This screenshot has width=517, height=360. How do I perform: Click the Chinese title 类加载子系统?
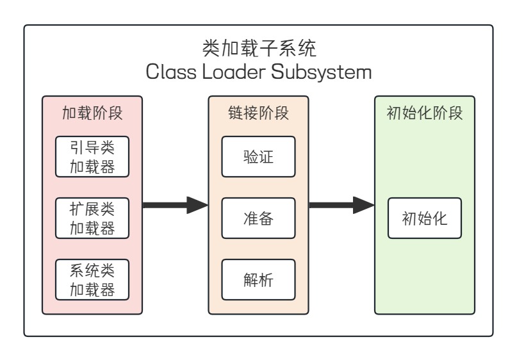click(x=259, y=48)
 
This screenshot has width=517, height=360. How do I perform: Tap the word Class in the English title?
click(x=167, y=71)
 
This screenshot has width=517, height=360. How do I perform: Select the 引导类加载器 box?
click(x=92, y=156)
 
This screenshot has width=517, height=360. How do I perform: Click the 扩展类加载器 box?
click(x=92, y=218)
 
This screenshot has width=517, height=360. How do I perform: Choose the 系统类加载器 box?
click(x=92, y=280)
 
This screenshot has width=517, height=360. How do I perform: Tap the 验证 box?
click(x=258, y=156)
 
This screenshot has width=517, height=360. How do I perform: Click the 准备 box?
click(x=258, y=218)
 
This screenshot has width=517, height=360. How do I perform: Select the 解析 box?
click(x=258, y=280)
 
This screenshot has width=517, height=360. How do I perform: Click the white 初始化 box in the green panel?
click(x=425, y=218)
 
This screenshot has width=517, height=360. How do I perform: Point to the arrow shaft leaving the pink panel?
click(x=164, y=206)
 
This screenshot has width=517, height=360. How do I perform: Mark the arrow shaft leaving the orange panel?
click(x=331, y=206)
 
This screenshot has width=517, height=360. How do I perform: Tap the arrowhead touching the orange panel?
click(x=198, y=206)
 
